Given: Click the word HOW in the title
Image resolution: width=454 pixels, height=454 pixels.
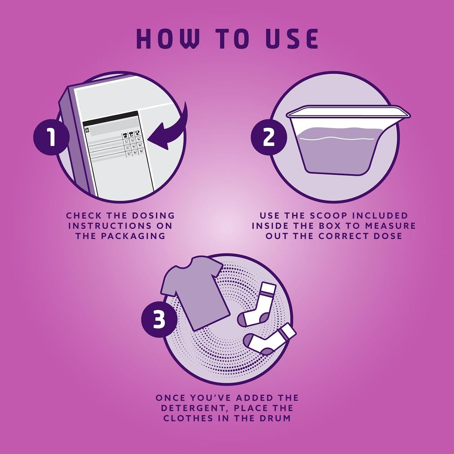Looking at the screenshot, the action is [x=168, y=39].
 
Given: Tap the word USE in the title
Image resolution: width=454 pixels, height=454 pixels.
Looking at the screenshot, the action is [x=292, y=39].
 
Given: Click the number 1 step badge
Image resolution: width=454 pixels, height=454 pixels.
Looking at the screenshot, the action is [x=51, y=137].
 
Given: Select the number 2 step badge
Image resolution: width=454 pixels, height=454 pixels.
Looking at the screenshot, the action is [x=269, y=137].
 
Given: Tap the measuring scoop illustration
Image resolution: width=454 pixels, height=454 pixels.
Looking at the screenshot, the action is [x=348, y=140].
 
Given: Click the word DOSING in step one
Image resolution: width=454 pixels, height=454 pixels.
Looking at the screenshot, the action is [x=153, y=215].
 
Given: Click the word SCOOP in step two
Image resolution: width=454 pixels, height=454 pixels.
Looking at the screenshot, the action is [x=327, y=215].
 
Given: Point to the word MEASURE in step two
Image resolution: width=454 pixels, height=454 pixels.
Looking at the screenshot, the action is [x=390, y=226].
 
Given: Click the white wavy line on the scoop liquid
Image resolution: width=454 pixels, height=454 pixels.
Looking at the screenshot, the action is [x=337, y=138].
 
